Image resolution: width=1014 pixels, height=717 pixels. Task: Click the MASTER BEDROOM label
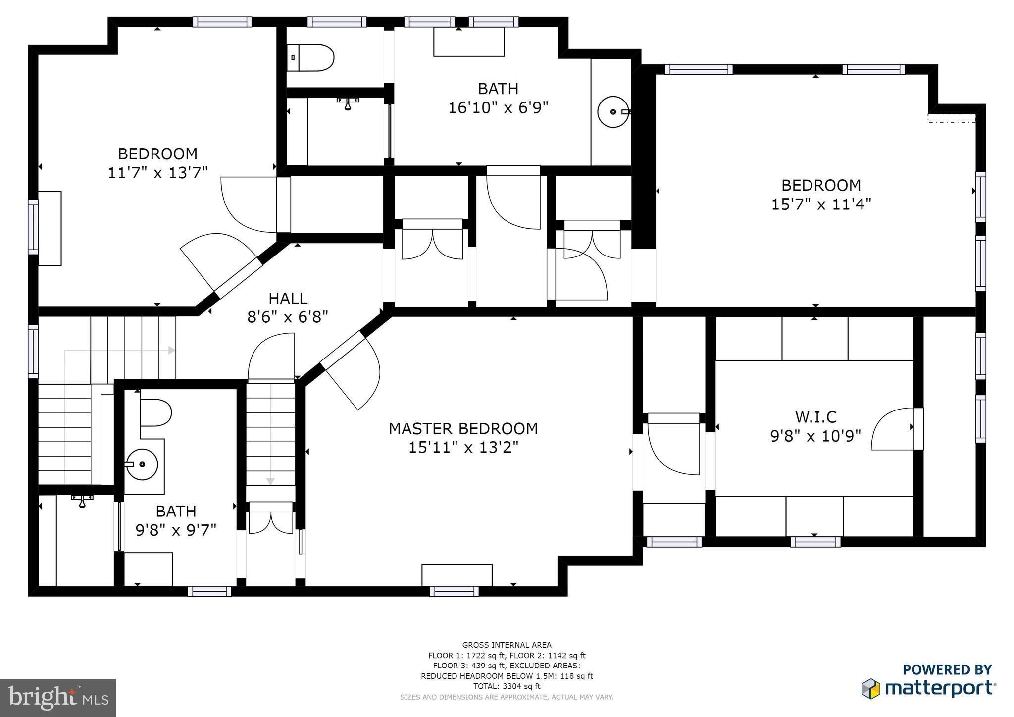[x=463, y=428]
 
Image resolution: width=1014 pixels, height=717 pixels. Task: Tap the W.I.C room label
[x=815, y=417]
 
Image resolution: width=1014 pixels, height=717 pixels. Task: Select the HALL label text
[x=288, y=298]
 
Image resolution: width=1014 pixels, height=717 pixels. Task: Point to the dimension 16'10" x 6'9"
[x=498, y=107]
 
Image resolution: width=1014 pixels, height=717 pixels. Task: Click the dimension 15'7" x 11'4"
[x=821, y=204]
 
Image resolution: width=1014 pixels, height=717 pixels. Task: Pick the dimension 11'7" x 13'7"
[x=157, y=172]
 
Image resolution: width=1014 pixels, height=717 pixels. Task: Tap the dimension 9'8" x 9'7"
[x=176, y=530]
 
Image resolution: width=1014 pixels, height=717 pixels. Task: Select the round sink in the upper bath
[x=613, y=112]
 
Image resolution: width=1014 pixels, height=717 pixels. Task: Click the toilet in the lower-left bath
[x=155, y=412]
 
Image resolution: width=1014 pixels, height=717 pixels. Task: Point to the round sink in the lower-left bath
[x=141, y=464]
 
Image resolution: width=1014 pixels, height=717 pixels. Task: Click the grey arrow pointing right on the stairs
[x=171, y=350]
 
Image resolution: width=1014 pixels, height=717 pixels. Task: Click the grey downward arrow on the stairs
[x=270, y=481]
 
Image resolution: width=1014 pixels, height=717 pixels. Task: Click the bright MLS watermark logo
[x=58, y=698]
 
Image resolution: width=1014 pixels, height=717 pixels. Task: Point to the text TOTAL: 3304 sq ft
[x=507, y=686]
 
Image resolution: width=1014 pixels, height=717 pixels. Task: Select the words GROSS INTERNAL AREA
[x=507, y=645]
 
